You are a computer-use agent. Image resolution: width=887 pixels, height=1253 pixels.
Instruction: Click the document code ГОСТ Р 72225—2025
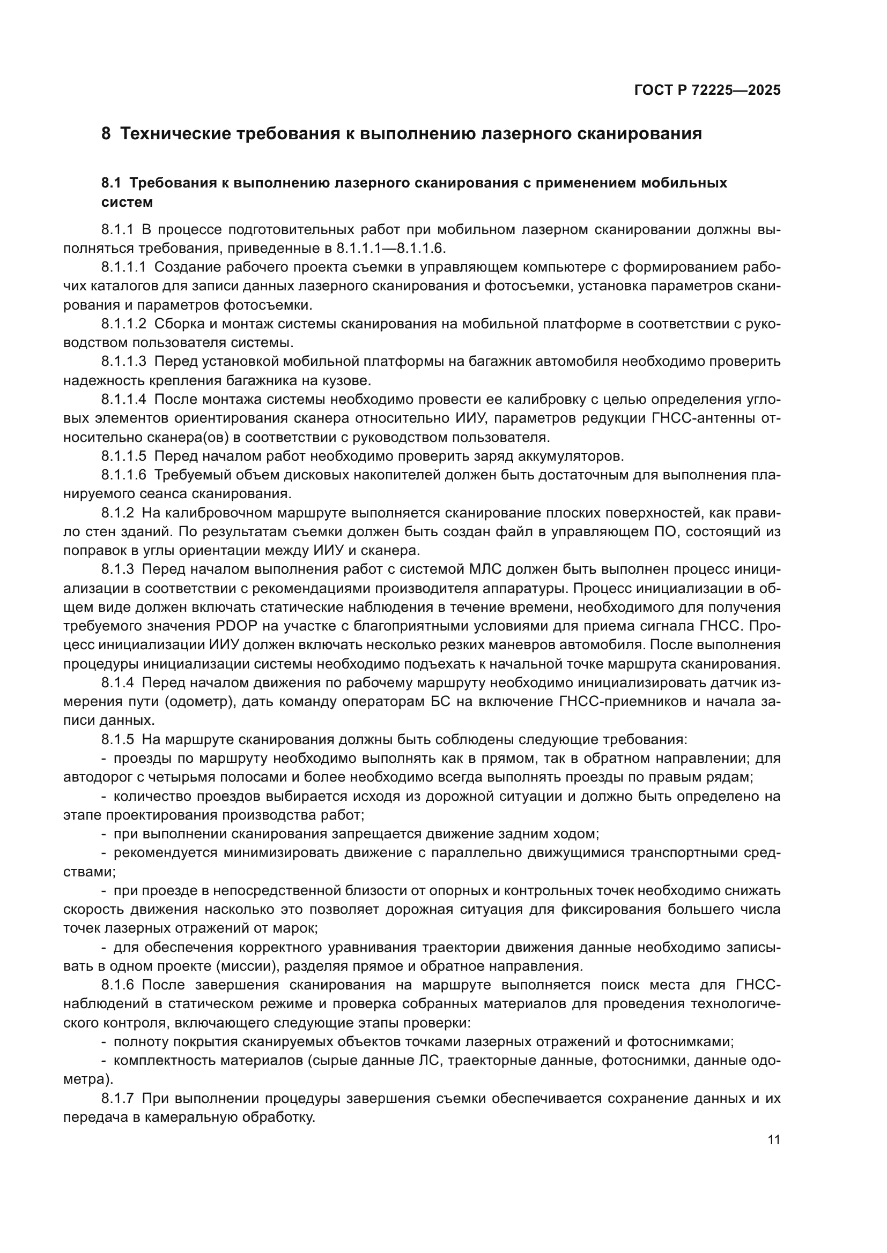tap(707, 90)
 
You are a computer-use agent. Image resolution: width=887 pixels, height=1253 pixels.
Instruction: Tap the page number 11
tap(773, 1140)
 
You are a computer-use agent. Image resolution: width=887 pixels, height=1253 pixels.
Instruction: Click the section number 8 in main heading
tap(106, 134)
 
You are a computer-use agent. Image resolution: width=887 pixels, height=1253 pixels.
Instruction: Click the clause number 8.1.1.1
tap(123, 267)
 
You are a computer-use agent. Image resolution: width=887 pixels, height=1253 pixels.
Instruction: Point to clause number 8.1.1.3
tap(123, 361)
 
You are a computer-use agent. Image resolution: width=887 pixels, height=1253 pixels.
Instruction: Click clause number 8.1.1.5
tap(123, 456)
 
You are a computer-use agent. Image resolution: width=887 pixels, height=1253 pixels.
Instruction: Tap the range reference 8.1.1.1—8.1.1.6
tap(390, 249)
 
